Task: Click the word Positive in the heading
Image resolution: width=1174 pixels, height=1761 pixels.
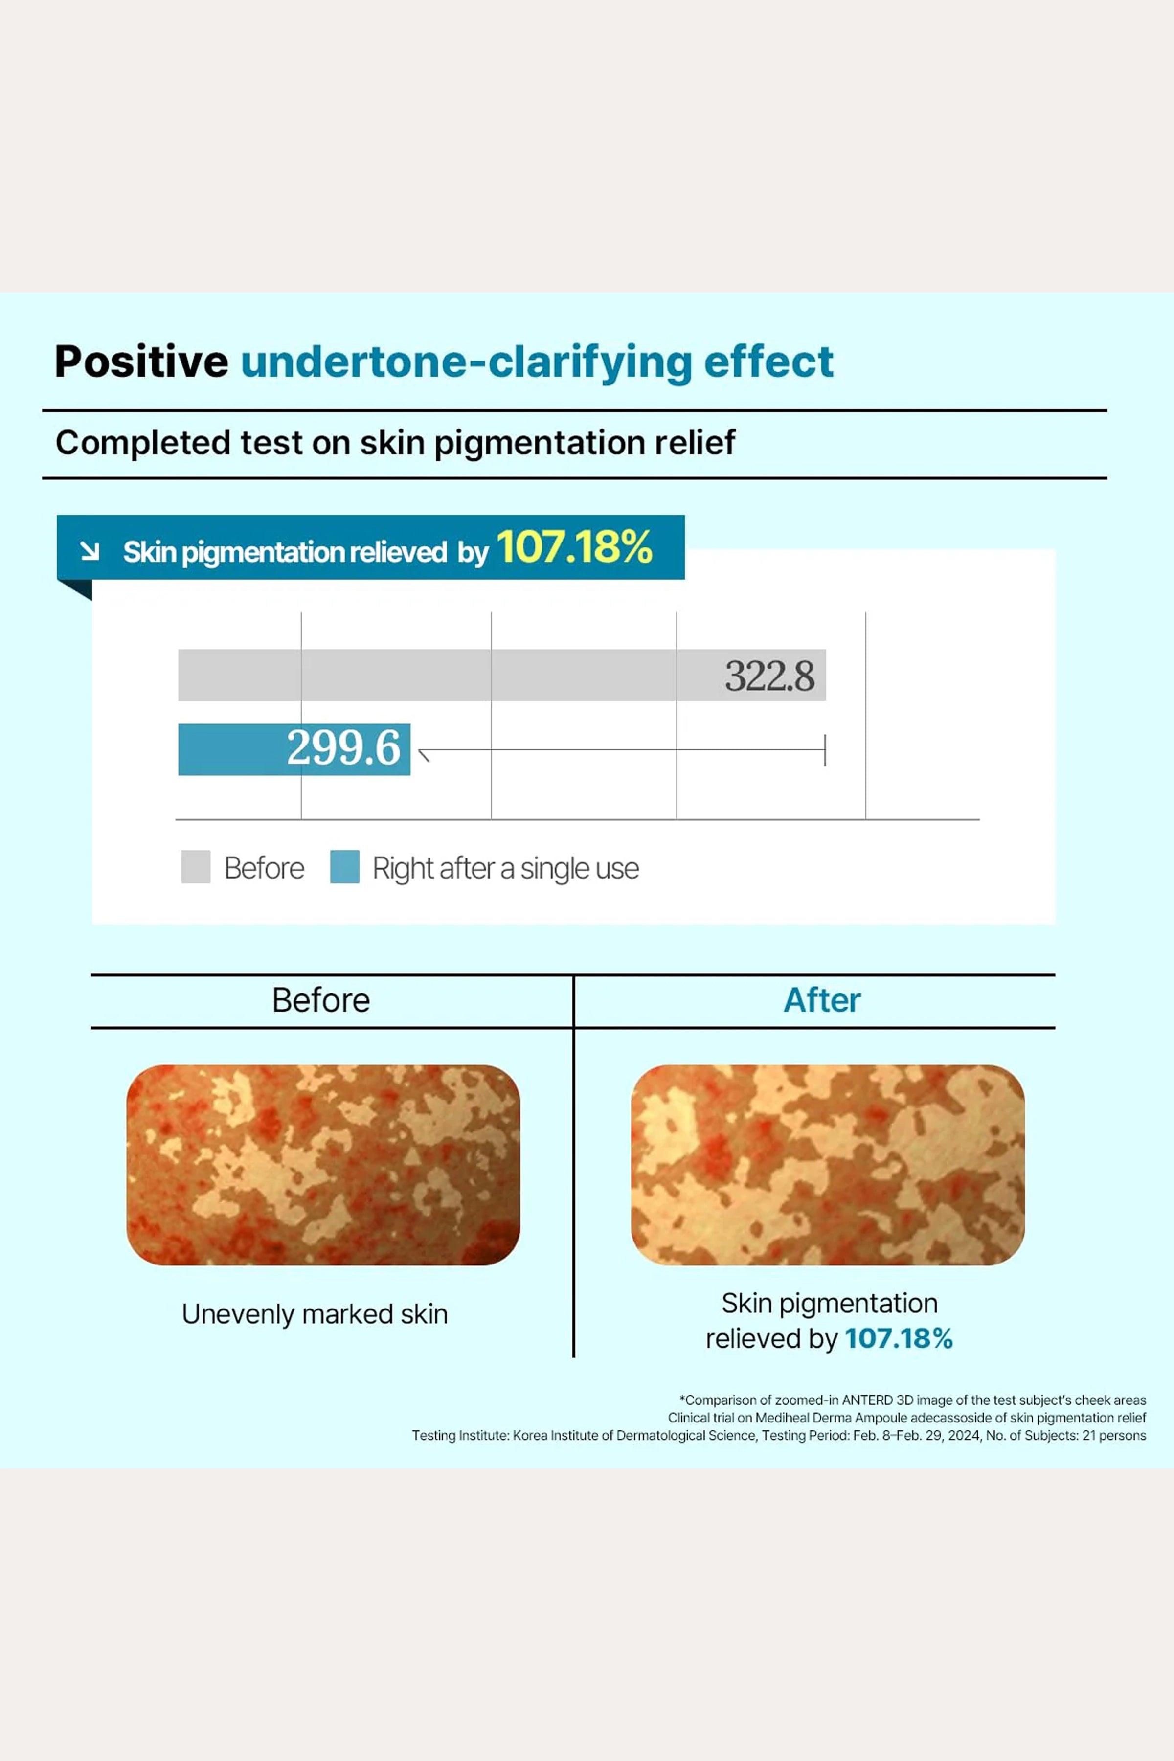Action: point(141,361)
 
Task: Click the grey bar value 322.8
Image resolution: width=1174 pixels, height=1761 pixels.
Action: point(769,676)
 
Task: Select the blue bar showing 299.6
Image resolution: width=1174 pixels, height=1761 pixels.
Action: point(294,749)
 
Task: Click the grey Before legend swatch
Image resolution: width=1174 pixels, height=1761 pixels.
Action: point(195,866)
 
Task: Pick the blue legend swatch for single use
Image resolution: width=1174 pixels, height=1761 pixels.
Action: point(344,866)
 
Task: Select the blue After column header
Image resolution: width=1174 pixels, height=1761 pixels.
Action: point(822,1000)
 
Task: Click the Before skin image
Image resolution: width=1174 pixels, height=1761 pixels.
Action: point(323,1165)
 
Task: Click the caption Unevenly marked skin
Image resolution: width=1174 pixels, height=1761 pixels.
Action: point(315,1314)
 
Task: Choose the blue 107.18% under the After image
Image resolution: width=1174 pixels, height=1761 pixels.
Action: point(899,1339)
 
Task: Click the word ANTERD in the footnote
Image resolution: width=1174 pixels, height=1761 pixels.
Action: point(867,1400)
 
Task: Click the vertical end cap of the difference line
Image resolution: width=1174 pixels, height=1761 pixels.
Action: point(825,749)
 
